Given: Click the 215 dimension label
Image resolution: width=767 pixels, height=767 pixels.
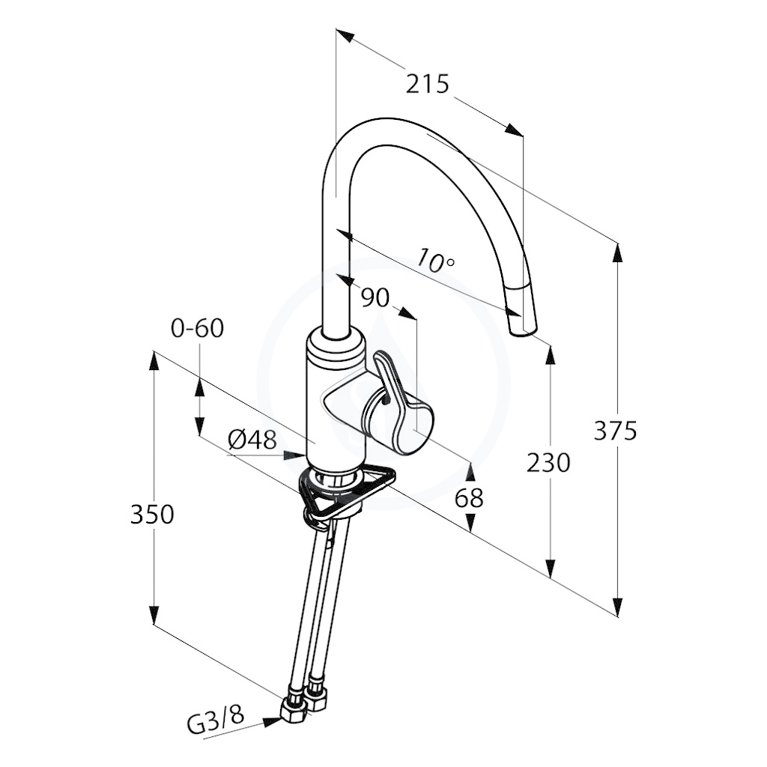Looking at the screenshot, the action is coord(427,84).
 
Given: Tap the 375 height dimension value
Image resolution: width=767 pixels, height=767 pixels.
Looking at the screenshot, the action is coord(615,431).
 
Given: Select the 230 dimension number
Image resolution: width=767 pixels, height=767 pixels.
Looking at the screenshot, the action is coord(548,462).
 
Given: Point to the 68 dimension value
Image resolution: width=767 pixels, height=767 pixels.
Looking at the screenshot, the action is coord(469,498).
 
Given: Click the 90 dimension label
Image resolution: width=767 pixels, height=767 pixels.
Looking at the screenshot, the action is coord(375,297).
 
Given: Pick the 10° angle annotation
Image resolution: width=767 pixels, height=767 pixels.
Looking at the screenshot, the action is coord(435,261).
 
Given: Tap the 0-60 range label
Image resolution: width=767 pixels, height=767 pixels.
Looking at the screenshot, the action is coord(197,328).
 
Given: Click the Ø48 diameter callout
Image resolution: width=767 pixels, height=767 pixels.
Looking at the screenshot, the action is coord(253,440).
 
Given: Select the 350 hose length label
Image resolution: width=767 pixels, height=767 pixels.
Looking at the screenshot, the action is coord(152,515).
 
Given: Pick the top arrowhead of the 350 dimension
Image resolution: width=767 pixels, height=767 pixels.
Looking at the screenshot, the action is coord(154,362).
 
